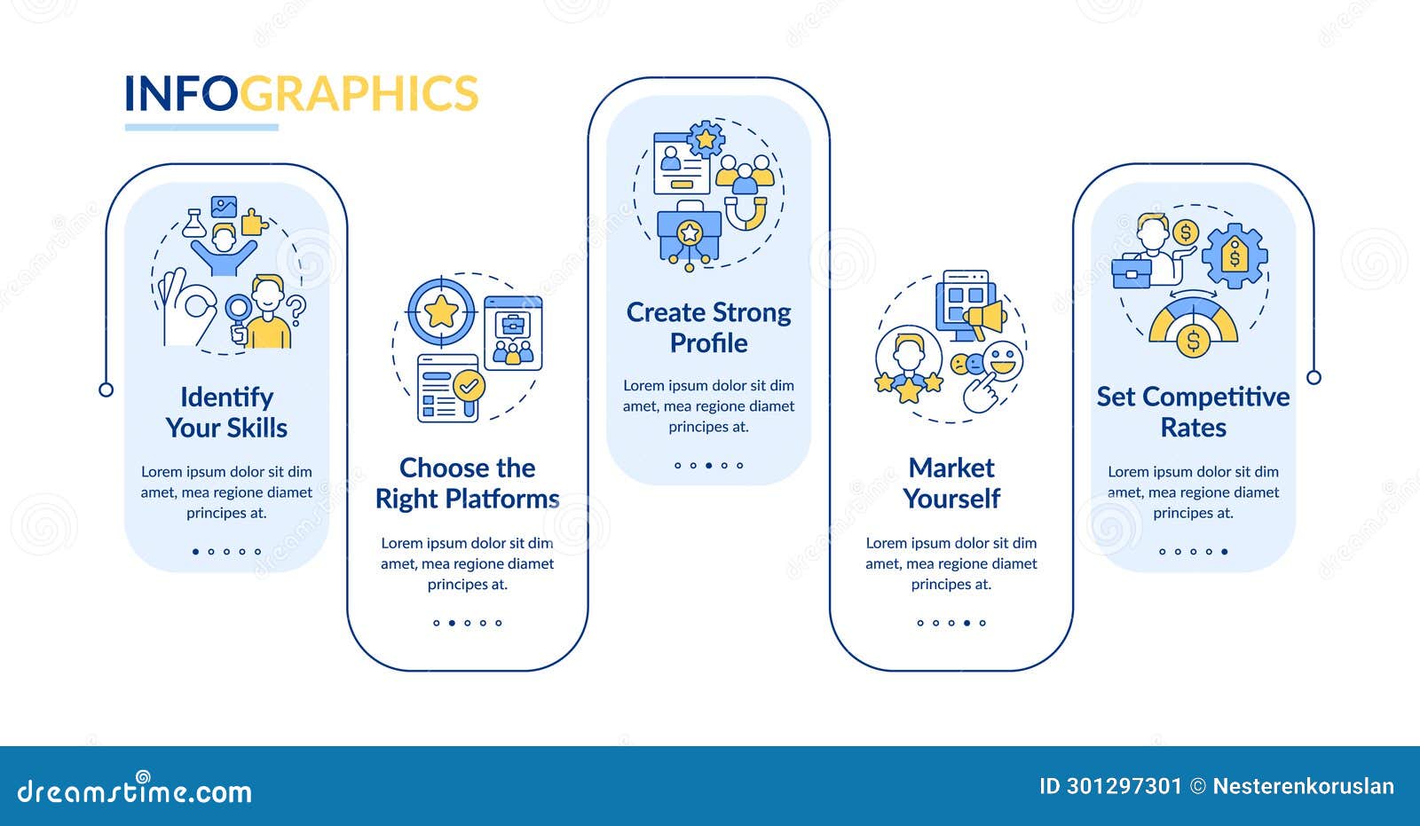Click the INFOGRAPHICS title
coord(301,93)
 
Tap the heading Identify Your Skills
coord(226,412)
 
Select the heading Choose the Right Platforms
coord(467,483)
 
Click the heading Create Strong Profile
coord(709,327)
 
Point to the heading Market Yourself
coord(951,483)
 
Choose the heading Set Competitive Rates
coord(1193,412)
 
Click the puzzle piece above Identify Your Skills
coord(254,223)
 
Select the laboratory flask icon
coord(194,224)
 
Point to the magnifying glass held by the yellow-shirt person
coord(239,317)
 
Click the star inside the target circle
coord(441,311)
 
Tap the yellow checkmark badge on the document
coord(469,386)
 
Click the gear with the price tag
coord(1235,256)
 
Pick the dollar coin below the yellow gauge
coord(1193,341)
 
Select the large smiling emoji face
coord(1003,361)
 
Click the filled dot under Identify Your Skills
coord(195,552)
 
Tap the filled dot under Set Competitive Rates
coord(1224,552)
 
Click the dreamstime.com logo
coord(134,789)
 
